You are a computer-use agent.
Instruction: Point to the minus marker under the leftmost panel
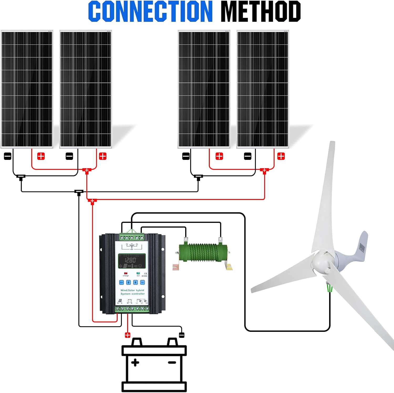click(8, 156)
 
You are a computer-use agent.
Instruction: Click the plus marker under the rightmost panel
click(281, 156)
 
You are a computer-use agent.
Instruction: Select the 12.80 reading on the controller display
click(130, 260)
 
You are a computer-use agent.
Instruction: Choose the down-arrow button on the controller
click(135, 282)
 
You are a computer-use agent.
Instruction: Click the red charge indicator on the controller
click(126, 273)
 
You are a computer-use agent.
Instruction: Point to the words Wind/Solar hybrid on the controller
click(132, 290)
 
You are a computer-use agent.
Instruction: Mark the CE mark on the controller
click(146, 274)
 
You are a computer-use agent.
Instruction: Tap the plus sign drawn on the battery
click(135, 363)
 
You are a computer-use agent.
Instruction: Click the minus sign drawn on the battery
click(172, 363)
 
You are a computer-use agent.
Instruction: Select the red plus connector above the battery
click(128, 335)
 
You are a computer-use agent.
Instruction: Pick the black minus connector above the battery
click(182, 335)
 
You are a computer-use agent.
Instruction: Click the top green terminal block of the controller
click(132, 238)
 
